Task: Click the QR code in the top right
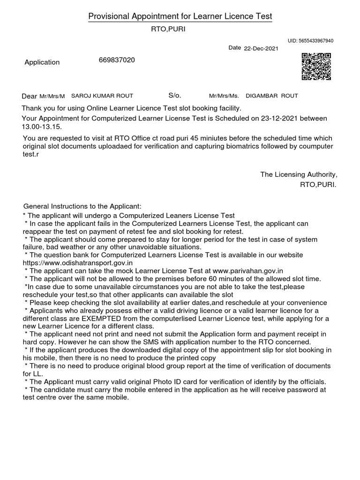pos(316,66)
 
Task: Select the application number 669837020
pos(117,60)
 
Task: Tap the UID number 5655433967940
pos(310,41)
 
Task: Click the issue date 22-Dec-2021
pos(261,48)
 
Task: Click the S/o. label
pos(174,96)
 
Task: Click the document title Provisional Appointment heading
pos(180,17)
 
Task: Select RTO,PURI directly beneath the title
pos(161,29)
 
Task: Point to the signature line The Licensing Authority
pos(299,174)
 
